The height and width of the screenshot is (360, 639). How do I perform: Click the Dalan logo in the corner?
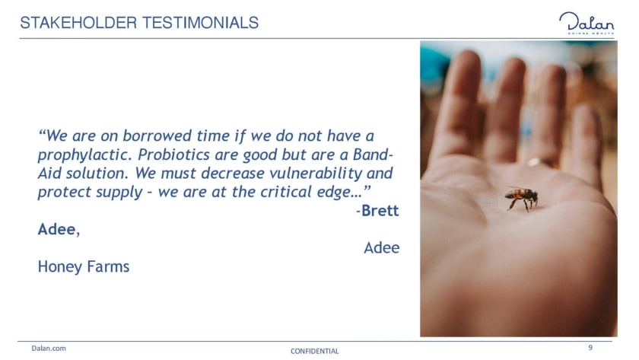click(x=587, y=24)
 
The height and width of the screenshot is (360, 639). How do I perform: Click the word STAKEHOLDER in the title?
click(x=78, y=23)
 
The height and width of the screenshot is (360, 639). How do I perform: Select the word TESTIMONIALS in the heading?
click(x=200, y=23)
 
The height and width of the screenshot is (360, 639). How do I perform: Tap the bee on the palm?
click(x=522, y=198)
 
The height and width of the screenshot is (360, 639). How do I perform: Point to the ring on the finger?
click(x=540, y=162)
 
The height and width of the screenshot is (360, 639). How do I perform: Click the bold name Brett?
click(x=380, y=211)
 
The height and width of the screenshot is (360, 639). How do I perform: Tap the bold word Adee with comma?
click(x=59, y=230)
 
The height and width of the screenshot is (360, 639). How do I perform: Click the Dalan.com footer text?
click(x=49, y=348)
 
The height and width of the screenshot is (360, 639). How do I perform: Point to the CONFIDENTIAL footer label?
click(x=315, y=351)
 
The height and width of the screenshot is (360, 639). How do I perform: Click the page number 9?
click(x=590, y=347)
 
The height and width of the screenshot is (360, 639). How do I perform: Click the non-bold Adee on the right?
click(x=381, y=248)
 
